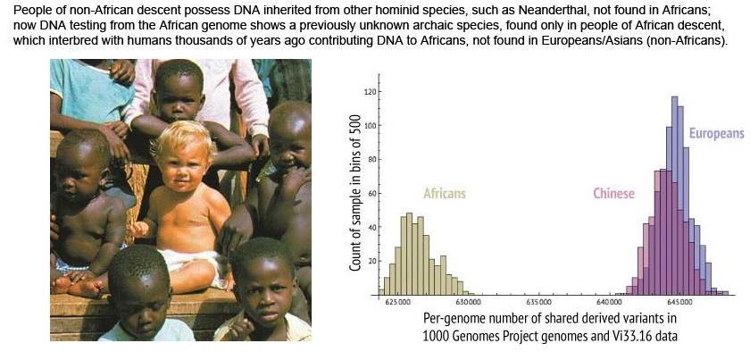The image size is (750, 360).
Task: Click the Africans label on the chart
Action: [x=444, y=194]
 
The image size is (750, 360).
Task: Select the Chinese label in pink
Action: [x=613, y=194]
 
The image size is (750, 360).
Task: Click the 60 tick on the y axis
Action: [x=368, y=194]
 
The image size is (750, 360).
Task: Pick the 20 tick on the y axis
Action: [x=368, y=262]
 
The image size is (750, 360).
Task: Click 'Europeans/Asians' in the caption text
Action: [x=587, y=41]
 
